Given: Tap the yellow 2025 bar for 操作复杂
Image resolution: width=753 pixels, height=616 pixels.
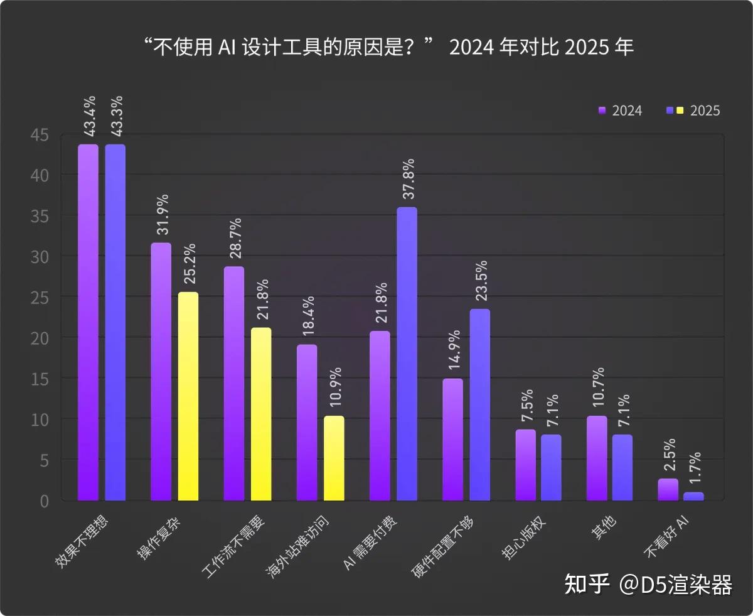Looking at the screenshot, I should [x=188, y=396].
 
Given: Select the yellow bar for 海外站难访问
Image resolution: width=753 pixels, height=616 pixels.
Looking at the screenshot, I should [x=334, y=458].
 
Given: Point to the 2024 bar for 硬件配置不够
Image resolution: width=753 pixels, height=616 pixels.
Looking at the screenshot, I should [x=452, y=439].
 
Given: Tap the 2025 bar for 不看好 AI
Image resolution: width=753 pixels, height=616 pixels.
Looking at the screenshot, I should [x=693, y=496].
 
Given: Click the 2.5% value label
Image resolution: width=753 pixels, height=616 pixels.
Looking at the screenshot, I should [x=669, y=455].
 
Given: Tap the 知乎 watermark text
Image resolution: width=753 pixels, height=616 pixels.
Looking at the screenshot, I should [x=587, y=585].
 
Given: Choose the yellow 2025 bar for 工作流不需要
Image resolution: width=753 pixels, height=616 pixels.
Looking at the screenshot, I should [x=261, y=414].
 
